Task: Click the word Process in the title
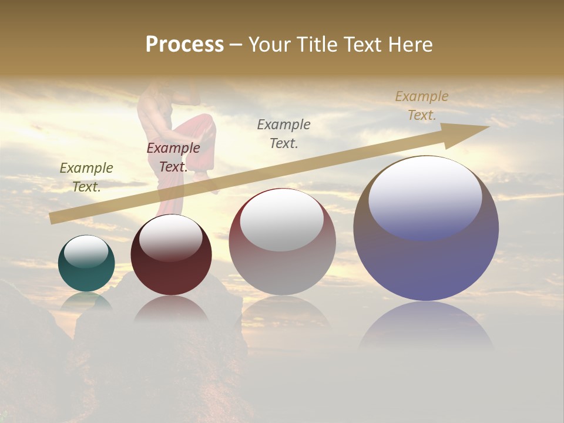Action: coord(184,45)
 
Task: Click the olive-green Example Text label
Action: coord(86,177)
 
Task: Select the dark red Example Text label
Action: coord(173,157)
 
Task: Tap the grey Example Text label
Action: coord(284,133)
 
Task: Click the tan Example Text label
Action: coord(421,106)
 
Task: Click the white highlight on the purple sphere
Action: coord(425,197)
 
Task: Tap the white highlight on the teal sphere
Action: coord(86,251)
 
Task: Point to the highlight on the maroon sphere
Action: coord(171,236)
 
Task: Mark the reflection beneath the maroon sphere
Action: coord(171,308)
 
